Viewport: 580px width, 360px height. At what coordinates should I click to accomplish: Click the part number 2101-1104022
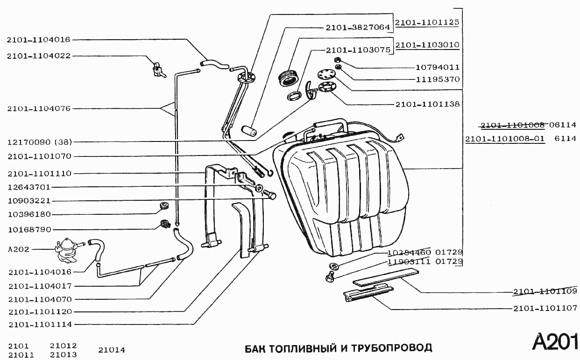point(39,56)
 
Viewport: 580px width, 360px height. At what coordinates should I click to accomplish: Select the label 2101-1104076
point(39,108)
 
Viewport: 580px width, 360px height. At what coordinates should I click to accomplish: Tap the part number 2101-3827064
point(358,28)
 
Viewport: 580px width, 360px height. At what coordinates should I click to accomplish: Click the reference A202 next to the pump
point(19,249)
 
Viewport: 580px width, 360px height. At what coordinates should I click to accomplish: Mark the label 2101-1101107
point(545,308)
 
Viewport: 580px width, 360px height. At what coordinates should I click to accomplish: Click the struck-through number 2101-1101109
point(545,292)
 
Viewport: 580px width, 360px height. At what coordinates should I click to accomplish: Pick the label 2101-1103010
point(427,45)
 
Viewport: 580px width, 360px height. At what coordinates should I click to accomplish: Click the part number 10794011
point(438,67)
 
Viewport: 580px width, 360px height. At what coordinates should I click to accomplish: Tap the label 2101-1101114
point(39,324)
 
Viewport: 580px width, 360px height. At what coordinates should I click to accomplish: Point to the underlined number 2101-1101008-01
point(505,139)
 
